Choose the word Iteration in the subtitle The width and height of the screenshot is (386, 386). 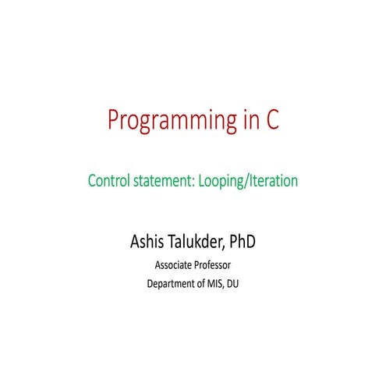(274, 182)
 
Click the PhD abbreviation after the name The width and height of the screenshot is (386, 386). (243, 241)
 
